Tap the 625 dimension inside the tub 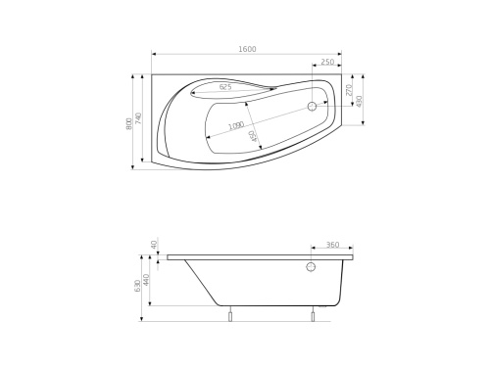coord(225,88)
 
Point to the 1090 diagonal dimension coord(236,126)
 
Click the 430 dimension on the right coord(360,101)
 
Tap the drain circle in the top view coord(313,107)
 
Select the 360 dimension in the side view coord(331,246)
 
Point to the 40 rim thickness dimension coord(154,244)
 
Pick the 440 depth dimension coord(147,279)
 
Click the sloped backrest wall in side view coord(202,284)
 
